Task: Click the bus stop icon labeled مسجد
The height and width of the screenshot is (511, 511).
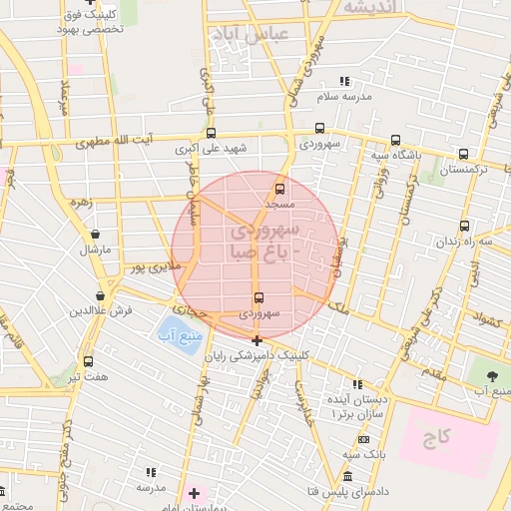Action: [x=279, y=188]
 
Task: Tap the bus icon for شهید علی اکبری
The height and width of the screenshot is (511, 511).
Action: [x=211, y=133]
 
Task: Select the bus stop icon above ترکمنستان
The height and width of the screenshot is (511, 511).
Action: [x=463, y=155]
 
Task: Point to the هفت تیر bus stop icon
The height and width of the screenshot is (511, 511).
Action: [x=89, y=361]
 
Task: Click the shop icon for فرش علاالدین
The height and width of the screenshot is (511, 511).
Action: [x=100, y=295]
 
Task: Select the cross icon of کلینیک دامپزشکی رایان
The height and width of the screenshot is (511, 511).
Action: [x=257, y=340]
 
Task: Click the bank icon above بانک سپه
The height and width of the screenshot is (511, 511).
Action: [x=363, y=439]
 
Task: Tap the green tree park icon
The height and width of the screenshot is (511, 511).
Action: [x=490, y=374]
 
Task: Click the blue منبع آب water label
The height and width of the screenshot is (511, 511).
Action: [x=172, y=335]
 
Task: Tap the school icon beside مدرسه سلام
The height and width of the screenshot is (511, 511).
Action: [x=344, y=82]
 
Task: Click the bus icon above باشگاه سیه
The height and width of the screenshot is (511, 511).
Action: [x=396, y=141]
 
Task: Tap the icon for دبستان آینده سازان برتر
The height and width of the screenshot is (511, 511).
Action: [x=356, y=384]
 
